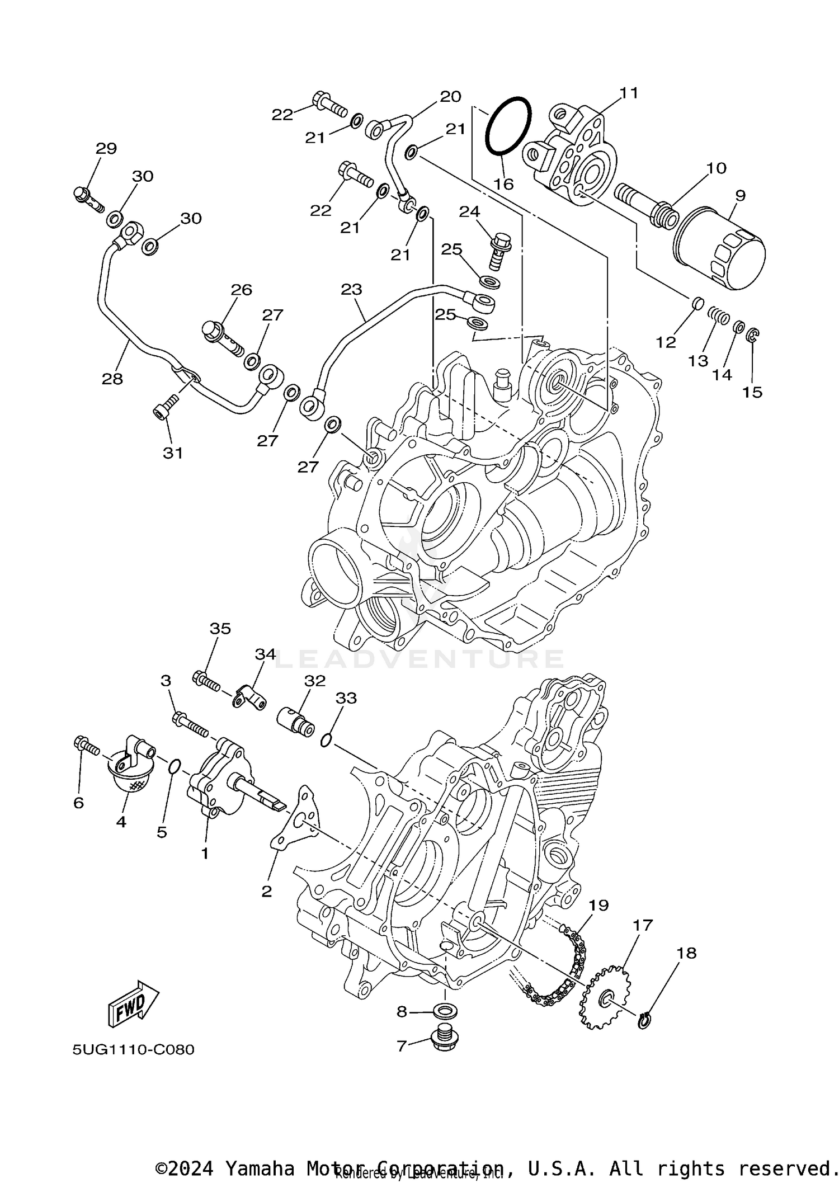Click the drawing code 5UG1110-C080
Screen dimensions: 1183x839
pyautogui.click(x=133, y=1049)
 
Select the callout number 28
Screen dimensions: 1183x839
pyautogui.click(x=112, y=379)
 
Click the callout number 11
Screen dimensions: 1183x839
pyautogui.click(x=629, y=93)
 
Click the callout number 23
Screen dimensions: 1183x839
pyautogui.click(x=351, y=289)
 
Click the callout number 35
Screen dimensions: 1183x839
pyautogui.click(x=220, y=628)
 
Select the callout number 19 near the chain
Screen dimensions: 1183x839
pyautogui.click(x=598, y=905)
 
